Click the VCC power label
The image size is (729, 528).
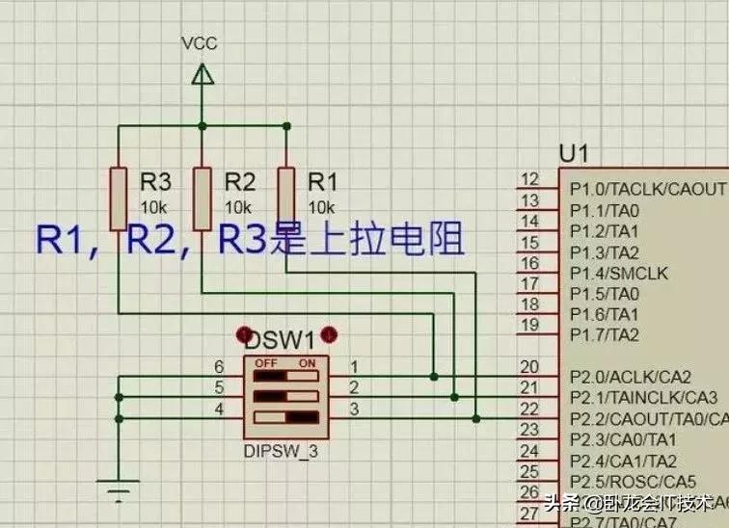click(x=200, y=43)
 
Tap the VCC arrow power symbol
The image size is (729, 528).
click(x=202, y=75)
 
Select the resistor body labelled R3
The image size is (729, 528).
click(x=118, y=198)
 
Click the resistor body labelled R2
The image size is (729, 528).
click(x=202, y=198)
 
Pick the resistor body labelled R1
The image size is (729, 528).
click(x=285, y=198)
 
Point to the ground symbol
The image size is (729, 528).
click(x=119, y=493)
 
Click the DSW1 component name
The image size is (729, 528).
click(x=280, y=339)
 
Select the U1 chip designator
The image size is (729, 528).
click(x=574, y=154)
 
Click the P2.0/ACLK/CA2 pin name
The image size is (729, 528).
click(x=631, y=377)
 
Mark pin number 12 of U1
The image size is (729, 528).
click(x=529, y=180)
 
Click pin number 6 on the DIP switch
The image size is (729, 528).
click(x=219, y=367)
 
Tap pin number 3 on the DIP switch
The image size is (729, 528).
click(x=354, y=409)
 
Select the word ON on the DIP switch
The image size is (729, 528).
click(x=308, y=364)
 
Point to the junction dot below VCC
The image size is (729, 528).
click(x=202, y=126)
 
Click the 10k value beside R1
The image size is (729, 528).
click(x=321, y=207)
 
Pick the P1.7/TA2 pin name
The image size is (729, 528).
click(x=605, y=335)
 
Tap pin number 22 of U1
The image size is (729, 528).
click(x=529, y=409)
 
